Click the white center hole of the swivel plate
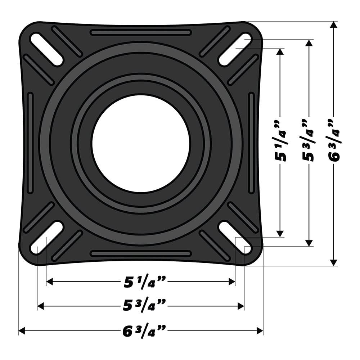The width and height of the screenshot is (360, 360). [141, 143]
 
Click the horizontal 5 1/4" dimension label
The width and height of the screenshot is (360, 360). [141, 282]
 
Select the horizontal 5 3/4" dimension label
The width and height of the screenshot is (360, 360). [141, 306]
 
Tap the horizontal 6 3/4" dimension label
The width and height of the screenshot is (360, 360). [141, 330]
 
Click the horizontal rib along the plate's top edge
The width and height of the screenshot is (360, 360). [141, 33]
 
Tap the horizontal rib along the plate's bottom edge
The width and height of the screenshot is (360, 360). [141, 254]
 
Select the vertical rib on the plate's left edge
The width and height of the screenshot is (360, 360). [30, 143]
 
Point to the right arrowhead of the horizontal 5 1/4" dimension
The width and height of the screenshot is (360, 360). [232, 282]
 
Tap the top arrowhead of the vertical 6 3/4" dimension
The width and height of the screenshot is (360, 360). [334, 25]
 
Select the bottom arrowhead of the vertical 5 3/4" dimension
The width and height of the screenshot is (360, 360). [309, 243]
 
